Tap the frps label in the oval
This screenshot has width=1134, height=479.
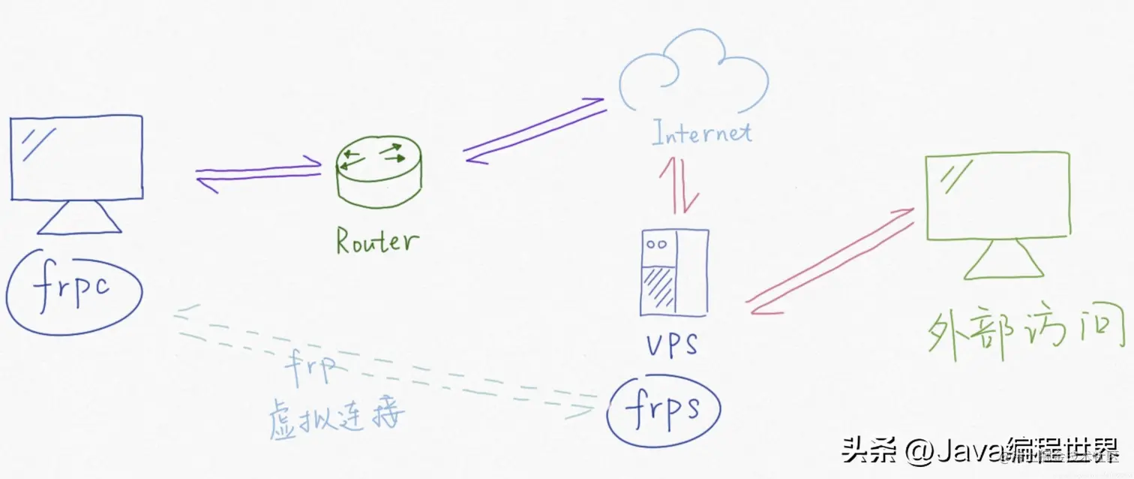tap(663, 408)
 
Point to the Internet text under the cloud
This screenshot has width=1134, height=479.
tap(701, 134)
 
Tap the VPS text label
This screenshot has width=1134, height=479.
tap(671, 345)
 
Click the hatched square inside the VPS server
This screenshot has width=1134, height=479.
tap(659, 288)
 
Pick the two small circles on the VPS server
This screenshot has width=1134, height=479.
tap(657, 245)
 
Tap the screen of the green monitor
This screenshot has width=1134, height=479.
tap(997, 194)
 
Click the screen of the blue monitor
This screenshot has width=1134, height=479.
tap(77, 157)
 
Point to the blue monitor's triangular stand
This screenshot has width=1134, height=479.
tap(79, 218)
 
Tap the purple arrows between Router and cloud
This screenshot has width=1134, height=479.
tap(534, 129)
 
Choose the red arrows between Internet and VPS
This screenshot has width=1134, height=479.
tap(679, 184)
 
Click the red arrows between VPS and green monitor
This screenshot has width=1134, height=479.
tap(829, 262)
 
